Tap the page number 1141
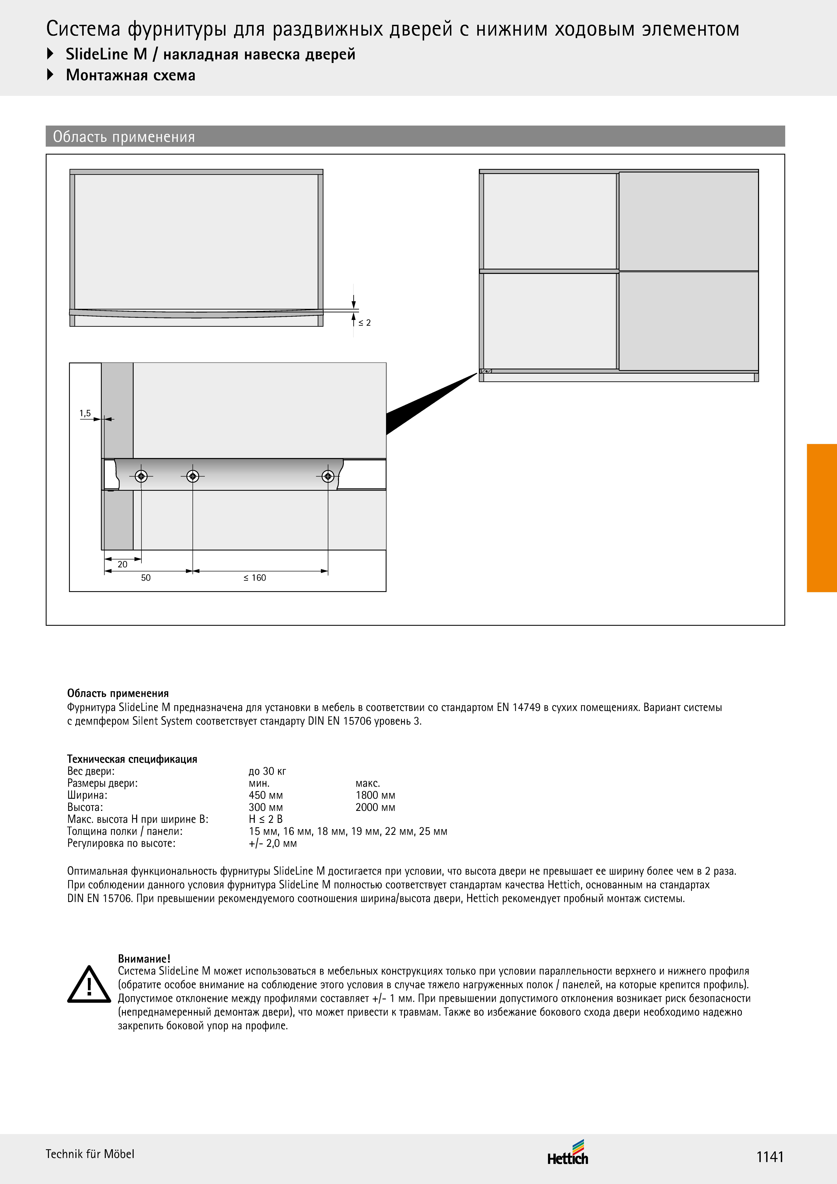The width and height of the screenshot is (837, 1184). point(770,1157)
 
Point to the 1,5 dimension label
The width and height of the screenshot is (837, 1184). point(85,413)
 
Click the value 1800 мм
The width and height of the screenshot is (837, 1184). point(375,795)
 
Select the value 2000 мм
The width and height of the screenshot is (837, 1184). point(375,808)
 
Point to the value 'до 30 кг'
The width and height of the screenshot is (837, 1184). point(267,771)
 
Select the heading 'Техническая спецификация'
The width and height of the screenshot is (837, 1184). point(132,759)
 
